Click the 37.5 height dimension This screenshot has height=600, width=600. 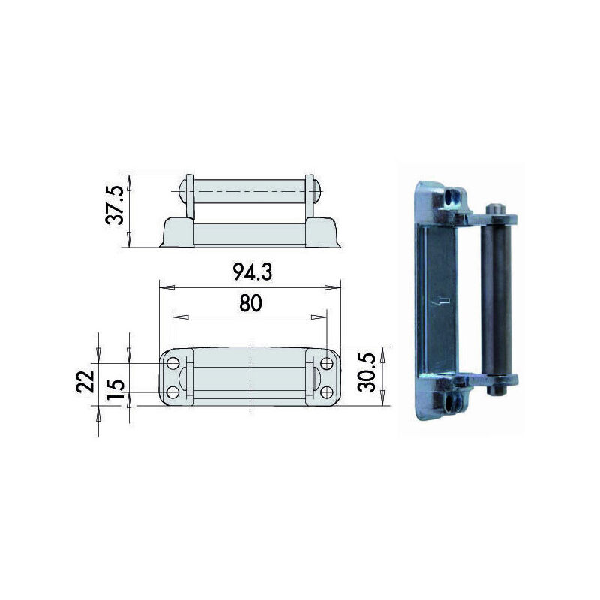[115, 205]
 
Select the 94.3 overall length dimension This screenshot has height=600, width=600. [253, 272]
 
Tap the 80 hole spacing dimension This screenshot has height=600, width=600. [250, 303]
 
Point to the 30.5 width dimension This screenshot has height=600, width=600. [367, 372]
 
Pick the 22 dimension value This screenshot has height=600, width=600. [85, 382]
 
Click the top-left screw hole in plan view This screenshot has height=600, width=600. [173, 363]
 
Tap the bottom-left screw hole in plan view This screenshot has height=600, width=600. [173, 391]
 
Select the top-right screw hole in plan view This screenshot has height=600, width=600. [327, 363]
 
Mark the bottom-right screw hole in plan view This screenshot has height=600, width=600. [327, 391]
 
